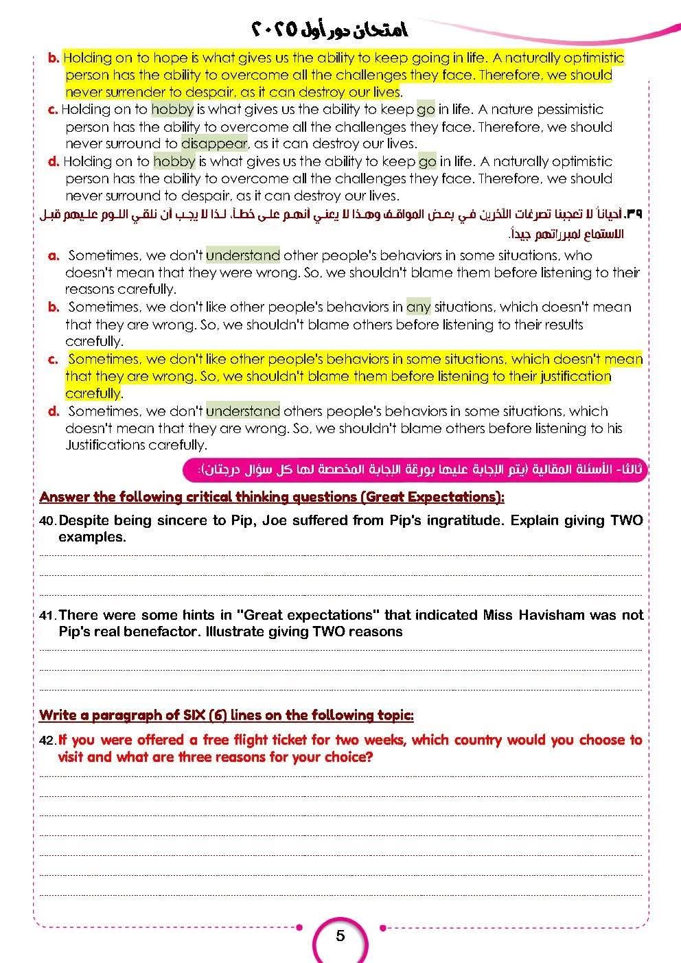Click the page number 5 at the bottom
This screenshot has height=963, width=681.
tap(340, 936)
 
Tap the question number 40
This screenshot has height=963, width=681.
tap(47, 521)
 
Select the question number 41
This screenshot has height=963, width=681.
tap(47, 616)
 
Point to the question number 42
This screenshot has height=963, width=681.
tap(47, 741)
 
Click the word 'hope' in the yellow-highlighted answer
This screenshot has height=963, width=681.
tap(170, 58)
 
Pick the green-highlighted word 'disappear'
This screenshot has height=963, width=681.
tap(214, 143)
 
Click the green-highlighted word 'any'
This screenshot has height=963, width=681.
tap(418, 307)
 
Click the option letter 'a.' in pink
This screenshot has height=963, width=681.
tap(54, 255)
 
